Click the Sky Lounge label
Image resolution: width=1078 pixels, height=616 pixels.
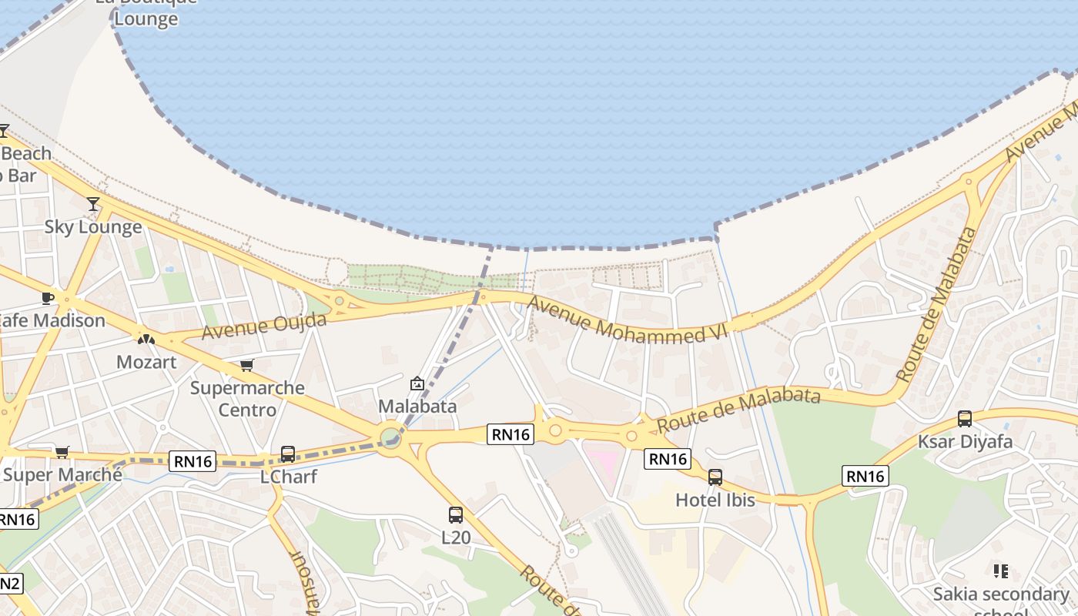pos(93,226)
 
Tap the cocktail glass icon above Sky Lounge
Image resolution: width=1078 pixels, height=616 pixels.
pos(93,203)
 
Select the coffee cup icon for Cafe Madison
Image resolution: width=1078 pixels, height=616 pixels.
pos(48,298)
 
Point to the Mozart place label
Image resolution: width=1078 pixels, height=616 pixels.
pos(146,361)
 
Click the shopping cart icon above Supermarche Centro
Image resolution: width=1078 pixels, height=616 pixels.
pos(246,365)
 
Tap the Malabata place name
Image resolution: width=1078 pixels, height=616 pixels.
pos(417,406)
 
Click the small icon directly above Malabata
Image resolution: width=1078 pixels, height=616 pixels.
pos(417,383)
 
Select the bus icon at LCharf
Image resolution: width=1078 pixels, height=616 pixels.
pos(288,454)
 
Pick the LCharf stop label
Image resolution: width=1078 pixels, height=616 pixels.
pos(288,477)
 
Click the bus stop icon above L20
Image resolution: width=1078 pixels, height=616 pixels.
pos(456,514)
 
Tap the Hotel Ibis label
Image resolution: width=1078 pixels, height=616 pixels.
pos(715,500)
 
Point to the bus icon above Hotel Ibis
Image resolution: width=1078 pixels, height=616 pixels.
pos(715,477)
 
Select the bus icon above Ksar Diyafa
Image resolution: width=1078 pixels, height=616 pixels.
pos(965,419)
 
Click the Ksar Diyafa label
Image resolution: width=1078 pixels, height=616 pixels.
pos(965,442)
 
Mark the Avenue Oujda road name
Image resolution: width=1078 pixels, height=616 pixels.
pos(264,326)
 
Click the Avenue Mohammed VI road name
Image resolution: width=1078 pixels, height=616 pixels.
pos(628,320)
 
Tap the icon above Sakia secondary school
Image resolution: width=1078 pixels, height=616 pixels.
pos(1001,571)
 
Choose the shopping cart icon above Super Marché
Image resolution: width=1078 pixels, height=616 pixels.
pos(62,452)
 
